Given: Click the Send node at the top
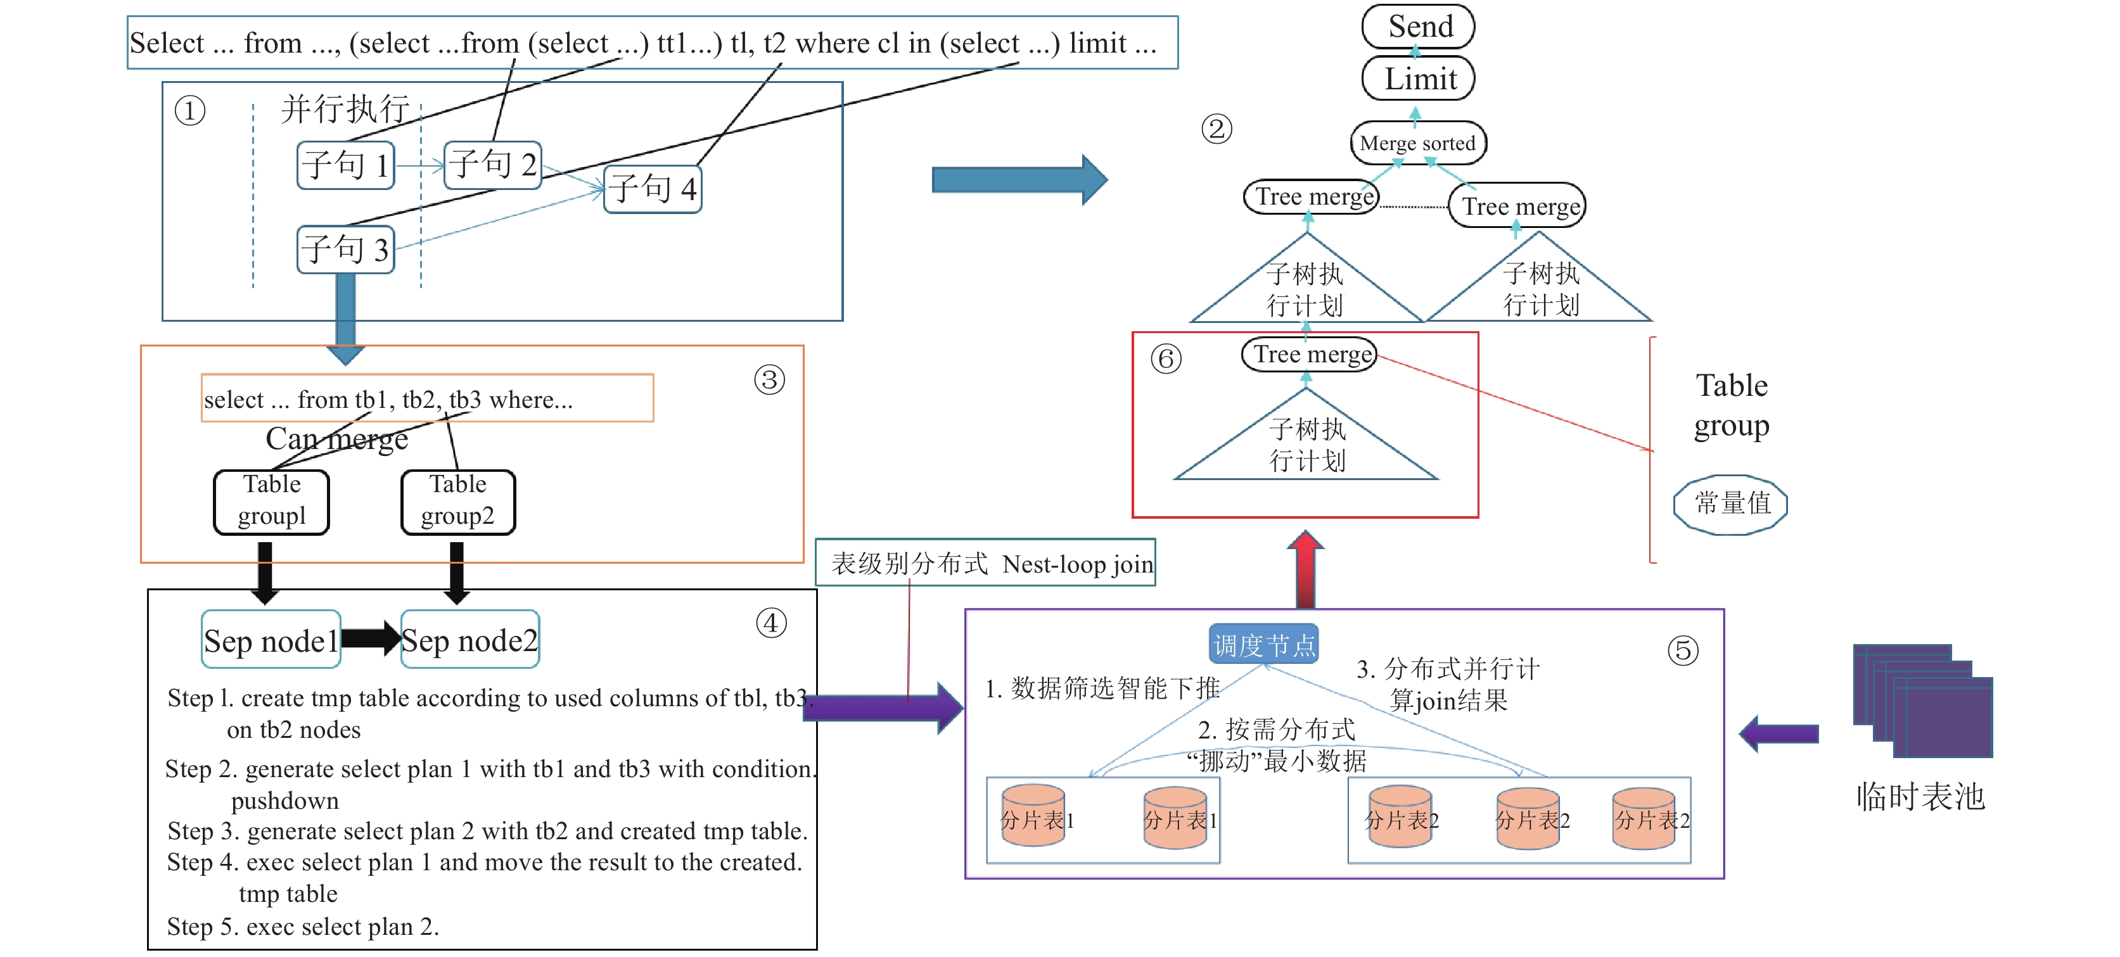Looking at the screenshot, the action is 1418,27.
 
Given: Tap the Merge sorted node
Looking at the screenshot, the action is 1418,143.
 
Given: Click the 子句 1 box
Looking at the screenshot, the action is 346,165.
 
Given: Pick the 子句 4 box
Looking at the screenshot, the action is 653,189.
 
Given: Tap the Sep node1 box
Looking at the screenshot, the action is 271,639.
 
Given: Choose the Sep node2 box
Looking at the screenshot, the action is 470,639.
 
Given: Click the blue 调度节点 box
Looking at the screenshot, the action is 1264,644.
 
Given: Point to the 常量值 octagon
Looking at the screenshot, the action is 1731,504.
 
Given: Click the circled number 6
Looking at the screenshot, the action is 1166,358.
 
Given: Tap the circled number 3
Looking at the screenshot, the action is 769,380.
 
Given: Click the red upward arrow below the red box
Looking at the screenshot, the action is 1305,569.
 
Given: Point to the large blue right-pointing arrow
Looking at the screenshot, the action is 1019,179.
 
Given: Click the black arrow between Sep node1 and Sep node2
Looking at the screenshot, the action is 371,638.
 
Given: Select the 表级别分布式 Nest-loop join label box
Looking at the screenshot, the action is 985,563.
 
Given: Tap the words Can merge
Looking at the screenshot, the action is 336,438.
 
